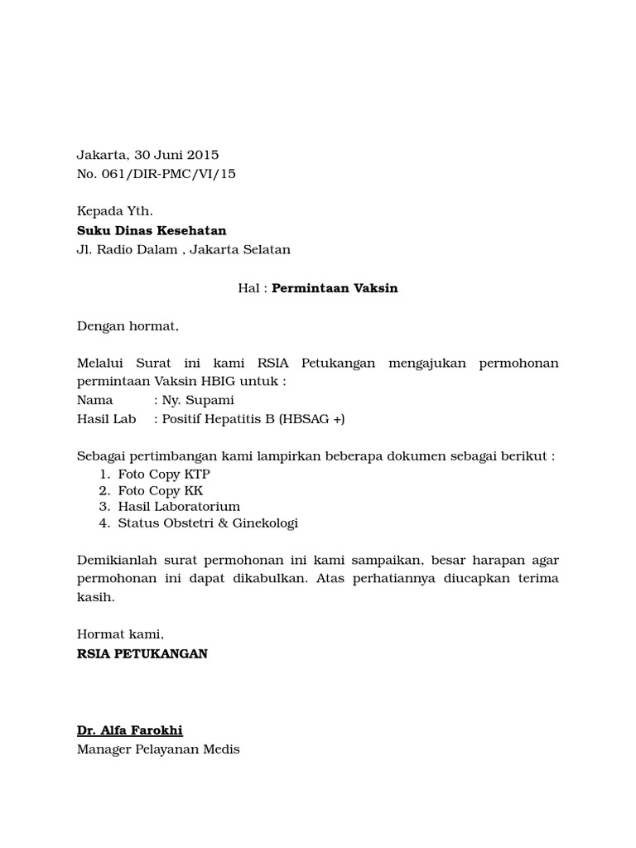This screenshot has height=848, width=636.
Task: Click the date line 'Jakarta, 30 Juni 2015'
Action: pos(147,155)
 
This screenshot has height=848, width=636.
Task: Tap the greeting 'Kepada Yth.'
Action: pos(114,212)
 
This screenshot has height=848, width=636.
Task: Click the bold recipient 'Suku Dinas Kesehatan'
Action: pos(151,231)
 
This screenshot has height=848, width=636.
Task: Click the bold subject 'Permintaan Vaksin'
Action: pos(335,288)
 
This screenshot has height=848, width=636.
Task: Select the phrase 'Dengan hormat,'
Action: pos(128,326)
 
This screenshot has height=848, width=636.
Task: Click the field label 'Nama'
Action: pos(94,401)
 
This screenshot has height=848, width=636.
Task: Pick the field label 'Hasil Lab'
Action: pos(106,419)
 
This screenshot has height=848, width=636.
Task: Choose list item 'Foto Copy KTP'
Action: pos(164,475)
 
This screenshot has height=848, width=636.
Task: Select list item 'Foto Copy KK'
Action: pos(161,491)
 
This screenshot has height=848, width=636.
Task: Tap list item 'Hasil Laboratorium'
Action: pos(179,507)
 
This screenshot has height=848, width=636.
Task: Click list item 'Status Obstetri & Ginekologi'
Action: pos(208,523)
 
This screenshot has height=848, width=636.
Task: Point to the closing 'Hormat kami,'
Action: pos(120,634)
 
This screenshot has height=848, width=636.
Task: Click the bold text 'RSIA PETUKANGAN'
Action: pos(142,653)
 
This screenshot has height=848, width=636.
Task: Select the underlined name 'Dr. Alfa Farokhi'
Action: pos(129,730)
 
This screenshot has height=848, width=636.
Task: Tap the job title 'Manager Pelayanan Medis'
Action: pos(158,749)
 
